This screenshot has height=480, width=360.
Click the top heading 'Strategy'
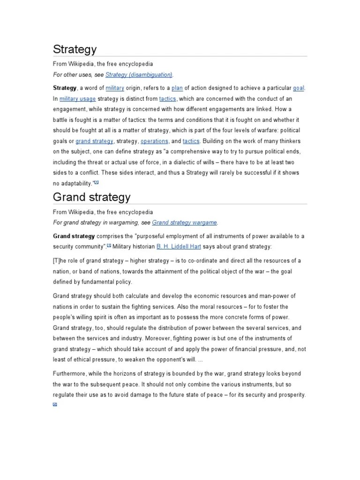pyautogui.click(x=75, y=49)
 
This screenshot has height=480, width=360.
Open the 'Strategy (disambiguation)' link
pyautogui.click(x=139, y=75)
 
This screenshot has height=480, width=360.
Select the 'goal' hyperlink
pyautogui.click(x=299, y=88)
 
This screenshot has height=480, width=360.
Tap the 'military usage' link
pyautogui.click(x=78, y=98)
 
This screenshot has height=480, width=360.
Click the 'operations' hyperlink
pyautogui.click(x=154, y=141)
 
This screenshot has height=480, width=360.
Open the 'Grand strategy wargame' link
pyautogui.click(x=185, y=223)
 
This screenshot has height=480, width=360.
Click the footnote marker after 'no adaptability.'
pyautogui.click(x=97, y=182)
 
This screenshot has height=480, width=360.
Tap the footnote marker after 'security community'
pyautogui.click(x=109, y=245)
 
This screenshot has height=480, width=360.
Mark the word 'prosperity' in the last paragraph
pyautogui.click(x=290, y=395)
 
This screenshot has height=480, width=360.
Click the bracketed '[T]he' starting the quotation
pyautogui.click(x=60, y=261)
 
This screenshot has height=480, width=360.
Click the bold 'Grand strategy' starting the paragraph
pyautogui.click(x=74, y=235)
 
